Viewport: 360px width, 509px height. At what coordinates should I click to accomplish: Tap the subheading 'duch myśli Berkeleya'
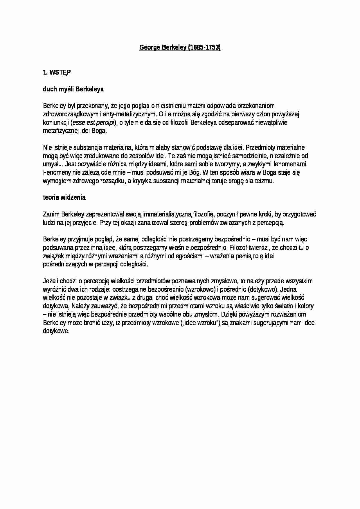73,89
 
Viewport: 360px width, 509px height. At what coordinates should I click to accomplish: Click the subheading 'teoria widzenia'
64,197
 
